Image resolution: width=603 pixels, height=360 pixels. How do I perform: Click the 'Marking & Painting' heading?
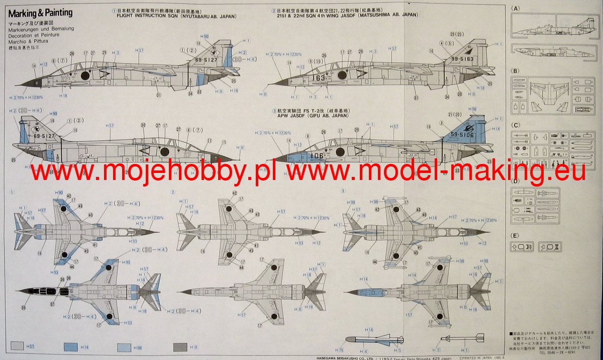pos(40,13)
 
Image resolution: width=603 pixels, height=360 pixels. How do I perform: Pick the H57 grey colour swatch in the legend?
pos(17,346)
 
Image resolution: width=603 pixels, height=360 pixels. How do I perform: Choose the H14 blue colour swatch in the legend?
pos(71,346)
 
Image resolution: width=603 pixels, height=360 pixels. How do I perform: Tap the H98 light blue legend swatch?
pos(124,346)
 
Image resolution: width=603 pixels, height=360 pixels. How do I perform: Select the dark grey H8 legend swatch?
pos(180,346)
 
